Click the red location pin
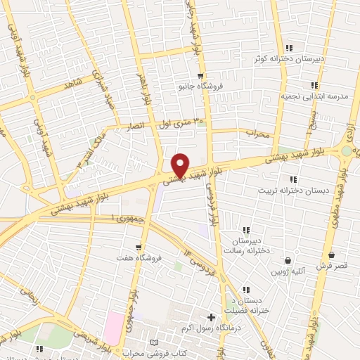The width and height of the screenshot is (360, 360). click(181, 164)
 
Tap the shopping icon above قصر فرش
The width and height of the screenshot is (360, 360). click(330, 255)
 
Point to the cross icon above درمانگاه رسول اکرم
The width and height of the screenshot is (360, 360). click(212, 318)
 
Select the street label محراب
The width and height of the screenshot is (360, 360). click(258, 133)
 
